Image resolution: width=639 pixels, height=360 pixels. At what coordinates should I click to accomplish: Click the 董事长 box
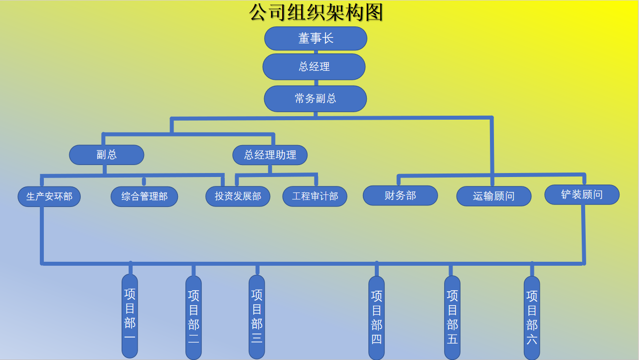(x=316, y=38)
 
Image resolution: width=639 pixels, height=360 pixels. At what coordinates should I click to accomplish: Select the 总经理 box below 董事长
(x=314, y=67)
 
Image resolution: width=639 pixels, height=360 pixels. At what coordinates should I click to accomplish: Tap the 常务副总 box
(x=315, y=99)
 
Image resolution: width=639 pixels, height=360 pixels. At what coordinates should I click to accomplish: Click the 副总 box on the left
(x=107, y=155)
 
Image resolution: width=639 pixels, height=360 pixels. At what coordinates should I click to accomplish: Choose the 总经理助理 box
(x=270, y=155)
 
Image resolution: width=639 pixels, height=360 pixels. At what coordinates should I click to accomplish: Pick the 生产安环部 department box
(x=49, y=196)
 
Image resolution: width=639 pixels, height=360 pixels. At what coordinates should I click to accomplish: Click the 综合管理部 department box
(x=144, y=196)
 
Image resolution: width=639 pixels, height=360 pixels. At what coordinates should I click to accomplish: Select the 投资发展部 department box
(x=238, y=196)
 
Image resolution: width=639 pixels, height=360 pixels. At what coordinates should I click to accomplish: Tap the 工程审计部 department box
(x=315, y=196)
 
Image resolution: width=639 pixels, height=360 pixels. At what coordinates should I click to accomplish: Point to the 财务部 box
(x=400, y=195)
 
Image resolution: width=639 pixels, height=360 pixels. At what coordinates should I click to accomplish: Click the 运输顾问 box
(x=493, y=196)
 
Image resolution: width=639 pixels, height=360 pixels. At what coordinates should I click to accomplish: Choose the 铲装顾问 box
(x=582, y=194)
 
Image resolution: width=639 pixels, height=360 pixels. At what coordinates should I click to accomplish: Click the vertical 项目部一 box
(x=130, y=315)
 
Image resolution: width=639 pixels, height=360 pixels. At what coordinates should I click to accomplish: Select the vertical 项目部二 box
(x=193, y=318)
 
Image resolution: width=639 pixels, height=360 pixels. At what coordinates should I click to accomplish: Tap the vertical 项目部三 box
(x=257, y=317)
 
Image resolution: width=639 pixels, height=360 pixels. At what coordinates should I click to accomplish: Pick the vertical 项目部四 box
(x=376, y=318)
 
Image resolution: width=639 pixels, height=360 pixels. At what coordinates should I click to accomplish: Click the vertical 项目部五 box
(x=452, y=318)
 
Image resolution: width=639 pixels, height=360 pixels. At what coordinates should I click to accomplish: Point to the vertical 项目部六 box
(x=532, y=318)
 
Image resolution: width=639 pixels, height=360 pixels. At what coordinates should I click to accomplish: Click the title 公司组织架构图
(x=316, y=12)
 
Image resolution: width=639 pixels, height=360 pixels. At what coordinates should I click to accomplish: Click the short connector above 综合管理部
(x=144, y=181)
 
